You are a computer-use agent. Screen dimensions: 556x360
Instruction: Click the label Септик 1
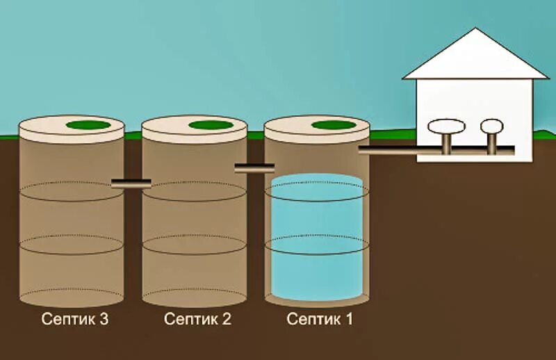pyautogui.click(x=320, y=320)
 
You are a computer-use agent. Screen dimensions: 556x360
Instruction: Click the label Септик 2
pyautogui.click(x=197, y=320)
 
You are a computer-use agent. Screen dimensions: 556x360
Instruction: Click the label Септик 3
pyautogui.click(x=75, y=320)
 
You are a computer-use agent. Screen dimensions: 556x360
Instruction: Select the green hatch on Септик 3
pyautogui.click(x=88, y=125)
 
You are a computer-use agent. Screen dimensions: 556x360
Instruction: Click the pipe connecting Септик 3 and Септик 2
pyautogui.click(x=131, y=183)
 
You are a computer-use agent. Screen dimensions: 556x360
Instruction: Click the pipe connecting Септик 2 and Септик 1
pyautogui.click(x=254, y=167)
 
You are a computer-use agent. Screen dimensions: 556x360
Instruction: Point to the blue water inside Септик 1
pyautogui.click(x=317, y=236)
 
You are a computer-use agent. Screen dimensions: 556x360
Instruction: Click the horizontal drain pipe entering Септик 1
pyautogui.click(x=389, y=150)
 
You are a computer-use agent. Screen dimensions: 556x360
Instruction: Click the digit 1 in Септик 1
pyautogui.click(x=349, y=320)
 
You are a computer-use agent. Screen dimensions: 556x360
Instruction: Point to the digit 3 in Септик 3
pyautogui.click(x=104, y=320)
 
